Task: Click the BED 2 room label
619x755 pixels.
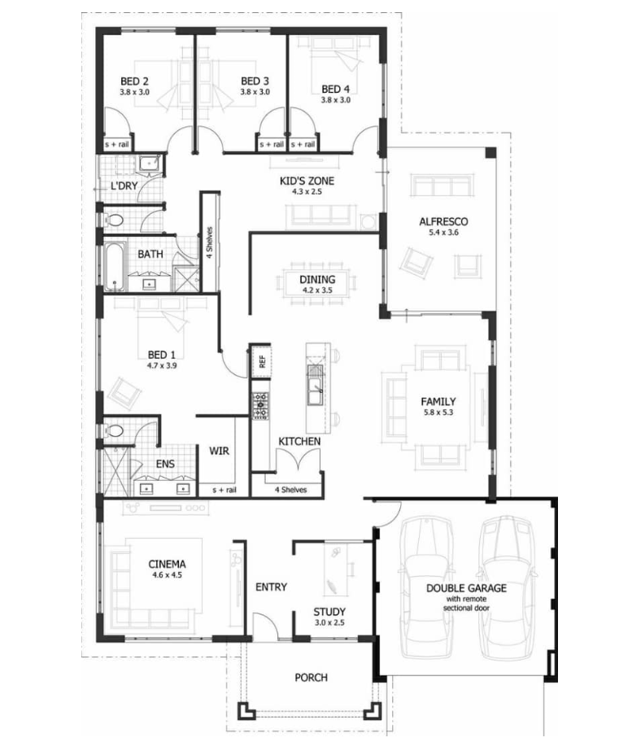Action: (134, 81)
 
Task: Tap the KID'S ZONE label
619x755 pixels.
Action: (307, 181)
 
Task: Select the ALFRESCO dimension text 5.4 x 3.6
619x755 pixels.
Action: (444, 233)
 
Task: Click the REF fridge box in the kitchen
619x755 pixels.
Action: (261, 361)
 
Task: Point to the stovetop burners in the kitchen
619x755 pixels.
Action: (260, 405)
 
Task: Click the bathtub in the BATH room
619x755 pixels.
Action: (115, 266)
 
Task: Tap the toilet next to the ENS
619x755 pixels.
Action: (113, 430)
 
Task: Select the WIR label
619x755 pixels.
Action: (219, 452)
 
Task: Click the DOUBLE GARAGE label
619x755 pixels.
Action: (466, 588)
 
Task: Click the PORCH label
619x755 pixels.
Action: (311, 678)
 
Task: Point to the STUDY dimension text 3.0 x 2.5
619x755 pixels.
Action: (329, 622)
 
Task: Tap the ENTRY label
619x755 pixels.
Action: (271, 587)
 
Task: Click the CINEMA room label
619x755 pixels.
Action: (167, 564)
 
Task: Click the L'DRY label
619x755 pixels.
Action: (124, 185)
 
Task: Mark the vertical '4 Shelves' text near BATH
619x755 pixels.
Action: (210, 242)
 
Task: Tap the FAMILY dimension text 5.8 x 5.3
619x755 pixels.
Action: (438, 412)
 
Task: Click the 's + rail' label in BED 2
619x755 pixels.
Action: (117, 144)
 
